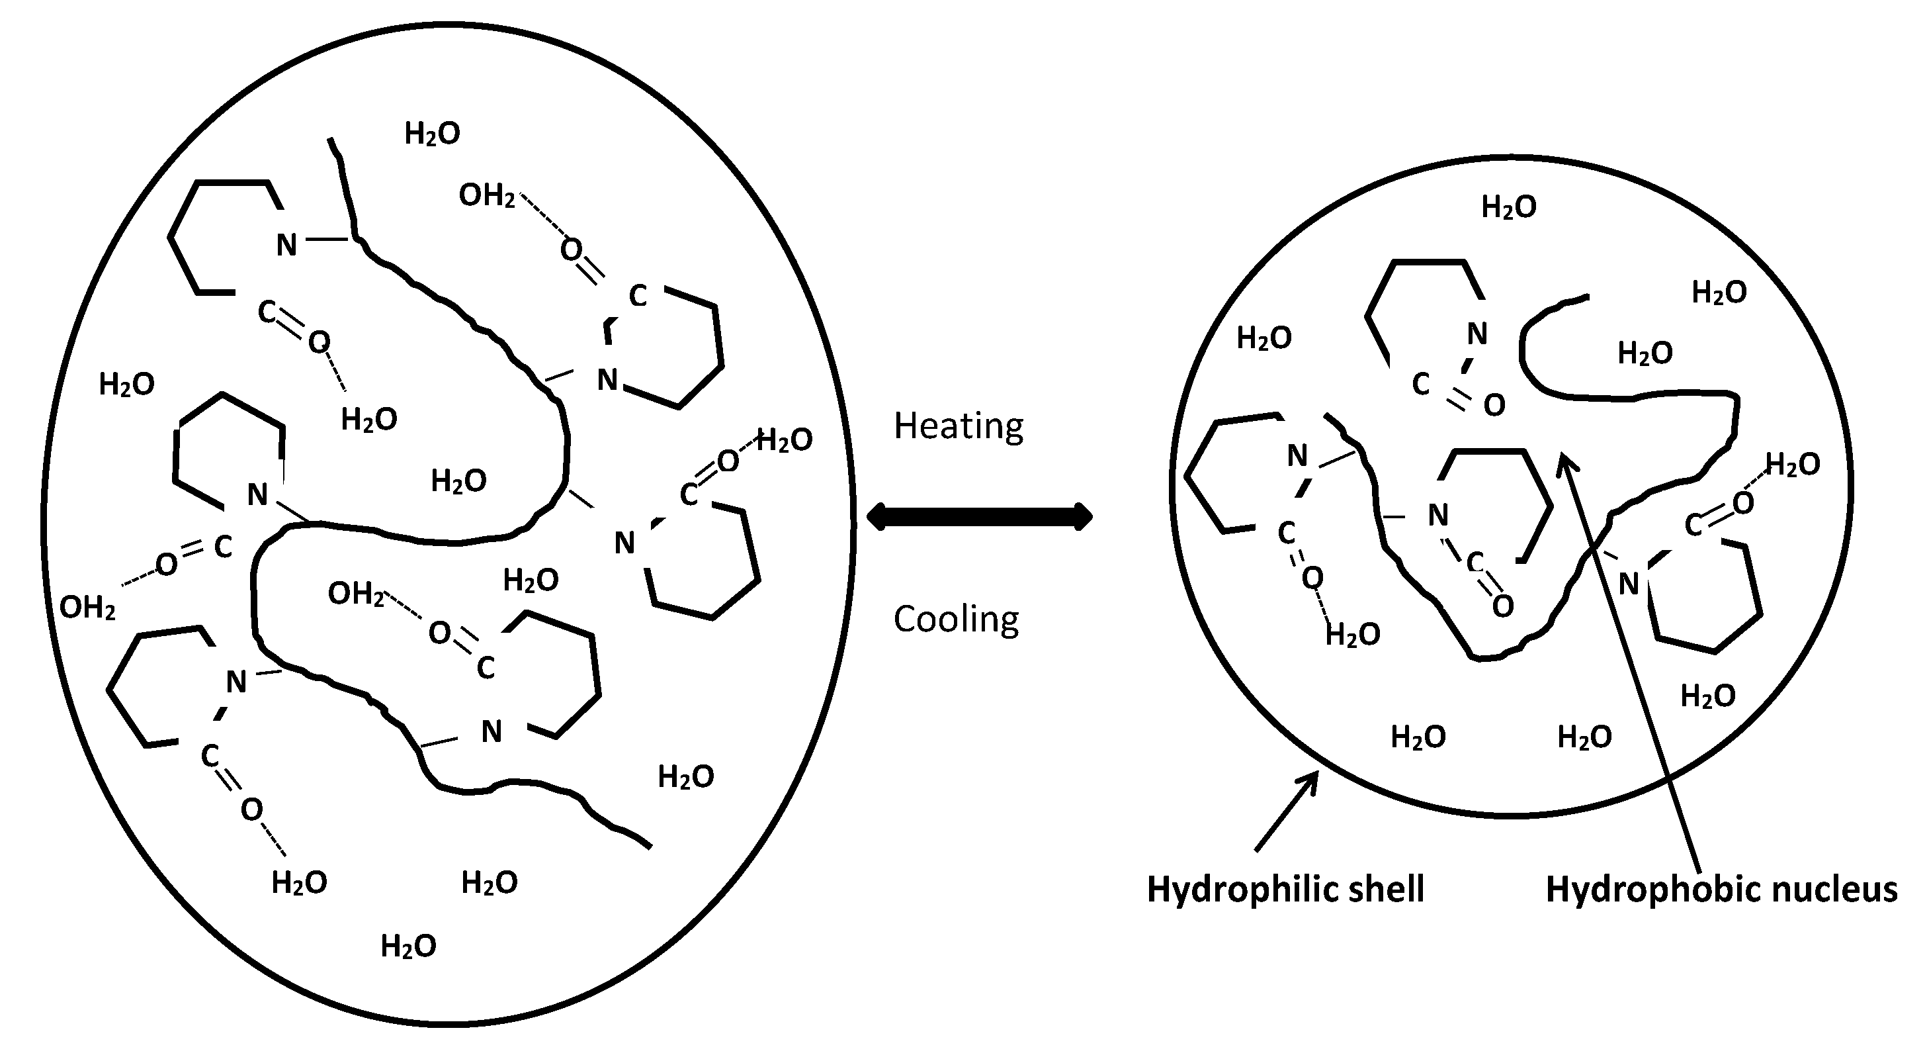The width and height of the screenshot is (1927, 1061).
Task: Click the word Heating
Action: click(x=959, y=426)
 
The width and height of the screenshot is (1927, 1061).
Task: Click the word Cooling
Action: click(x=956, y=620)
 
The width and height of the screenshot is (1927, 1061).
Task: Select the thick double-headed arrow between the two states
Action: click(x=979, y=516)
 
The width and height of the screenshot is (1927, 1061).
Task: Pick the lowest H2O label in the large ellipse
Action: click(x=408, y=946)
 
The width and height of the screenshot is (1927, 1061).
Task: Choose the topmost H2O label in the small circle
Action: click(x=1509, y=207)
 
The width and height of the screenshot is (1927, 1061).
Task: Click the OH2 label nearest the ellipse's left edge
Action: click(x=87, y=608)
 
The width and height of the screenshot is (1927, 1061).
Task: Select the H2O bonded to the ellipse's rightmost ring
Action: click(x=784, y=441)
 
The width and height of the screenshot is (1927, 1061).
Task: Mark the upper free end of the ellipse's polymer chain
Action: click(x=330, y=140)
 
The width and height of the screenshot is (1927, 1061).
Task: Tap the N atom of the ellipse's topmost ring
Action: click(x=286, y=245)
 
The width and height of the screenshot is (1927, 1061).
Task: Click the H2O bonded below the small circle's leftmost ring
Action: click(x=1353, y=635)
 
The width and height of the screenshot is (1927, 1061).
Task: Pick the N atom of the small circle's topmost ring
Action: click(x=1477, y=334)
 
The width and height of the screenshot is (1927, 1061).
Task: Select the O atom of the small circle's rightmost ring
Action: click(x=1743, y=503)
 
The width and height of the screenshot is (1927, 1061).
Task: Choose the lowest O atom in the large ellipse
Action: click(x=251, y=809)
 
